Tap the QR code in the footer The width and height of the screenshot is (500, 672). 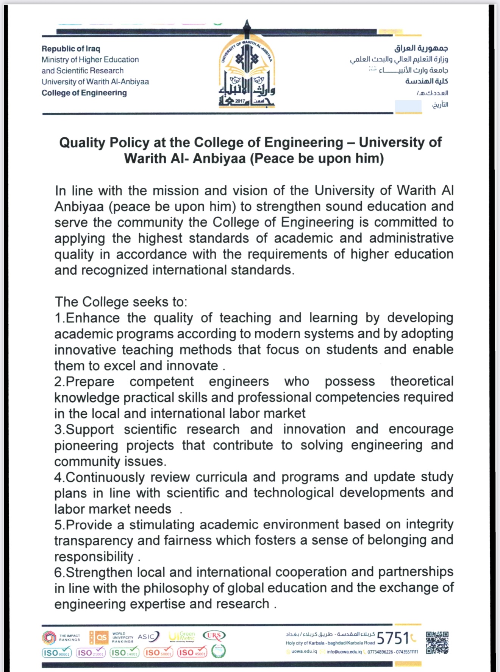[437, 642]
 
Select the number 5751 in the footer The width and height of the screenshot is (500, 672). [393, 639]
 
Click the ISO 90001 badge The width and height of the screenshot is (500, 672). [56, 653]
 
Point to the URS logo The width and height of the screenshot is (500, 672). [214, 636]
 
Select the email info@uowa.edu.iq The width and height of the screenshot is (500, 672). [344, 652]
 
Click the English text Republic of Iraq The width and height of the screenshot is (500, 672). [71, 49]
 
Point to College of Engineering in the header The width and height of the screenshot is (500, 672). [84, 93]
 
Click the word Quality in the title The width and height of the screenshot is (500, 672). [82, 143]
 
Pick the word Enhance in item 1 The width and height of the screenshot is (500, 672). [93, 318]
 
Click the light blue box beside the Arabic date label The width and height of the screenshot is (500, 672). [408, 106]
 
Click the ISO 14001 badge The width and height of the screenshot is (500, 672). [124, 653]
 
